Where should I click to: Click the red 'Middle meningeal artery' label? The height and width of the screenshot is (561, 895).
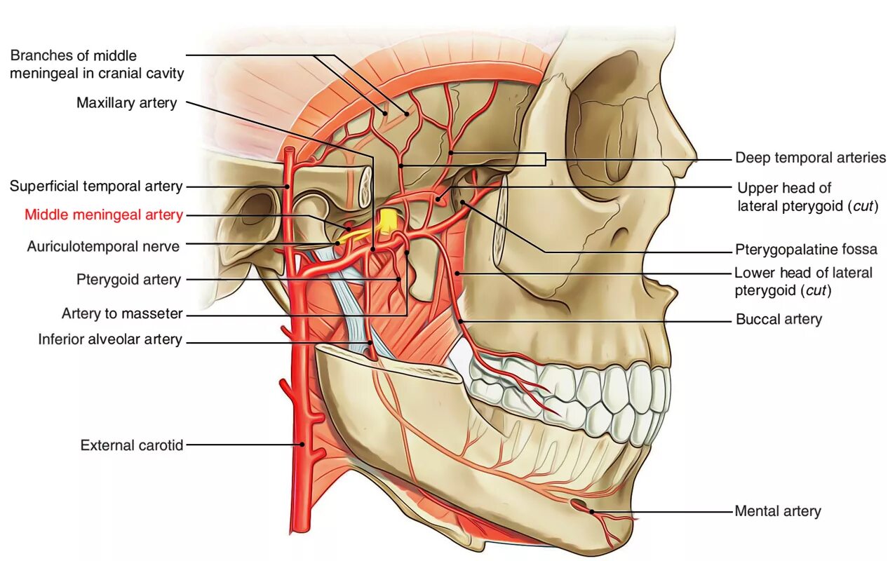tap(104, 215)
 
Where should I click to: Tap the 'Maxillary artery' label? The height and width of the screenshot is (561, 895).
tap(126, 103)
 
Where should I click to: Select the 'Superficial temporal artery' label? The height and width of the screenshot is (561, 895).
tap(96, 187)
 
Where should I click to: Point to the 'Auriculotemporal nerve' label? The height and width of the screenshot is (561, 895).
tap(103, 247)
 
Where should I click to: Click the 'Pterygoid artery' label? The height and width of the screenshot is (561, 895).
tap(128, 280)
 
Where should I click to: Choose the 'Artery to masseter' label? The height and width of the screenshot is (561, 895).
tap(122, 313)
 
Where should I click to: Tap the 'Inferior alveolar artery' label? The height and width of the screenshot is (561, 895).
tap(110, 340)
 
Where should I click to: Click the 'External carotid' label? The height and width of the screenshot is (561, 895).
tap(132, 445)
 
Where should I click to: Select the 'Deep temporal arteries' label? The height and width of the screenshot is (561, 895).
tap(810, 158)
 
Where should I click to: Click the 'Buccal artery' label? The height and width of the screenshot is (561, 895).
tap(779, 320)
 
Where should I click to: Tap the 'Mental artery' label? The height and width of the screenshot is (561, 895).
tap(777, 511)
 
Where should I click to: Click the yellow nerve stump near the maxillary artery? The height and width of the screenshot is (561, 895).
tap(386, 221)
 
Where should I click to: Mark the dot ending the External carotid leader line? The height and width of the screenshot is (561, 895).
tap(302, 444)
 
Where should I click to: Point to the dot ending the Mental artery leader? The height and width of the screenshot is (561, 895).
tap(591, 511)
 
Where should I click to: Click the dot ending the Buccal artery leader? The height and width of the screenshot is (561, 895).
tap(460, 320)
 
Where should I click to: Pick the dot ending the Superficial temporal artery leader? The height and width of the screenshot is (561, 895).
tap(288, 187)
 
